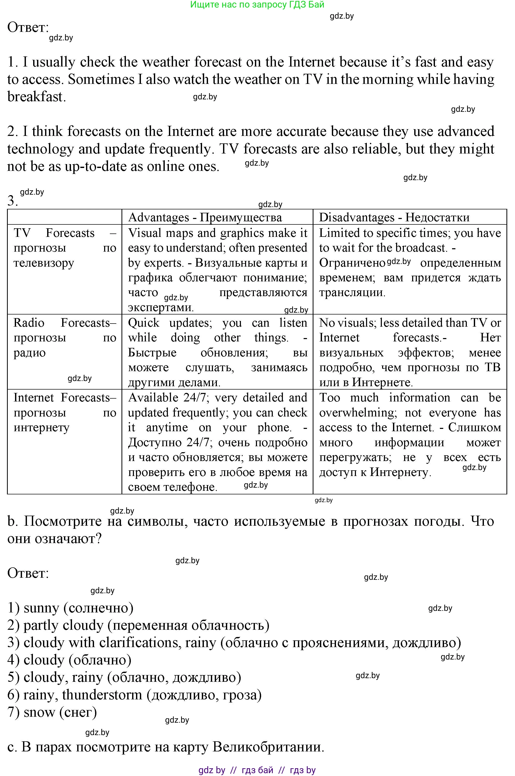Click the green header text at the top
pos(257,5)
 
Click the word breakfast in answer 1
pos(35,97)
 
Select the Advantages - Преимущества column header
pos(205,217)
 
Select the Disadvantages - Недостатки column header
pos(394,217)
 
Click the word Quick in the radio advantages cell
pos(144,323)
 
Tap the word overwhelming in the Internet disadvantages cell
pos(357,413)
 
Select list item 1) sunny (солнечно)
pos(70,608)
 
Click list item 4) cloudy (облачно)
pos(69,660)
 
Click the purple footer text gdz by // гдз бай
pos(257,770)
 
